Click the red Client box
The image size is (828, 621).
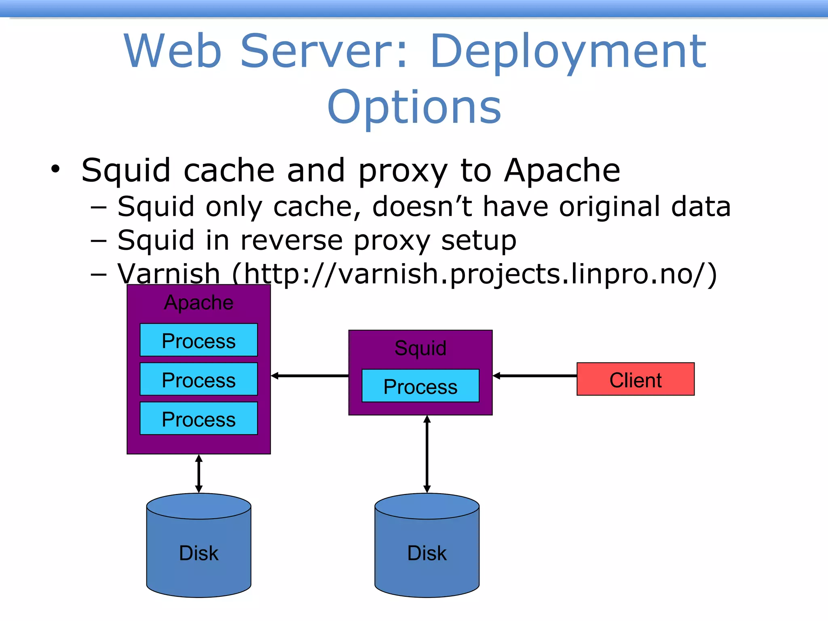(x=635, y=379)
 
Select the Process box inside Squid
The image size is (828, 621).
(x=420, y=386)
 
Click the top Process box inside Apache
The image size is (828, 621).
(x=199, y=340)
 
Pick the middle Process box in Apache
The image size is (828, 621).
(x=199, y=379)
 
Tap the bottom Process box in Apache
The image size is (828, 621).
(x=199, y=418)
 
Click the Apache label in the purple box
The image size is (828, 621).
(x=199, y=302)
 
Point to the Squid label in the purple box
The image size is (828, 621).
(x=420, y=348)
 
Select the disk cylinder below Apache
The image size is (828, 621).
(x=199, y=546)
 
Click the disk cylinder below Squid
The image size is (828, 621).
(x=427, y=546)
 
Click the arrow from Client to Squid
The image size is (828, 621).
(x=534, y=376)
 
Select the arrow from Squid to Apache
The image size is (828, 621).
(x=310, y=376)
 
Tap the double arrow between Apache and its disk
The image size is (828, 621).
(x=199, y=473)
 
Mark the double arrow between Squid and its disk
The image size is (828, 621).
(x=427, y=454)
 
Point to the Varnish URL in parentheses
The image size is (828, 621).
(x=474, y=274)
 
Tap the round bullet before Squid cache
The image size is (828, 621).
(x=55, y=169)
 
